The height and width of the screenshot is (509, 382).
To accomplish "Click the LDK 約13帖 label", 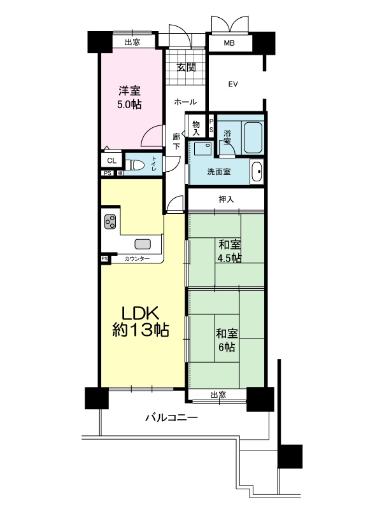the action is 140,322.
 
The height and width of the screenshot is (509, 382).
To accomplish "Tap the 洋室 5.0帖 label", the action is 129,97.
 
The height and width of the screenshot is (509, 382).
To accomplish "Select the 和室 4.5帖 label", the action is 229,251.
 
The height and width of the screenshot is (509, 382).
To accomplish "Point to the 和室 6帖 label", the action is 227,340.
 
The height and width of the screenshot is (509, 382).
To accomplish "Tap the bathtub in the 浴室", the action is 253,137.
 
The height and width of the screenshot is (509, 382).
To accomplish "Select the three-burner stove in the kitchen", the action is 110,221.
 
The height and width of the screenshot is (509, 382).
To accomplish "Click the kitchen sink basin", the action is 143,244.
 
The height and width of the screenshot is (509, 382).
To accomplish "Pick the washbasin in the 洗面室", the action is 257,171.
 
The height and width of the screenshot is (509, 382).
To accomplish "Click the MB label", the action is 229,43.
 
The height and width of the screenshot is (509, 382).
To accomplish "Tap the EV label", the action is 233,85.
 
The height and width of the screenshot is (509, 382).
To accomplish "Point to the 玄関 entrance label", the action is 186,67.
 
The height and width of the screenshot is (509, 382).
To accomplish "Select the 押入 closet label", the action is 226,199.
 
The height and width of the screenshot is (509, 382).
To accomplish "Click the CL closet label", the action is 111,161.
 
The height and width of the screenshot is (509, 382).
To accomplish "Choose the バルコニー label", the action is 171,417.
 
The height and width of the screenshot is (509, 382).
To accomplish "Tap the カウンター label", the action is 137,259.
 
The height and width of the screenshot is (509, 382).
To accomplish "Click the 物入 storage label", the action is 196,128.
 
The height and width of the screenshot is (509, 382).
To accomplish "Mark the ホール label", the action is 185,102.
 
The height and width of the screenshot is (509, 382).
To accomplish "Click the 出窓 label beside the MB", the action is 132,42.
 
